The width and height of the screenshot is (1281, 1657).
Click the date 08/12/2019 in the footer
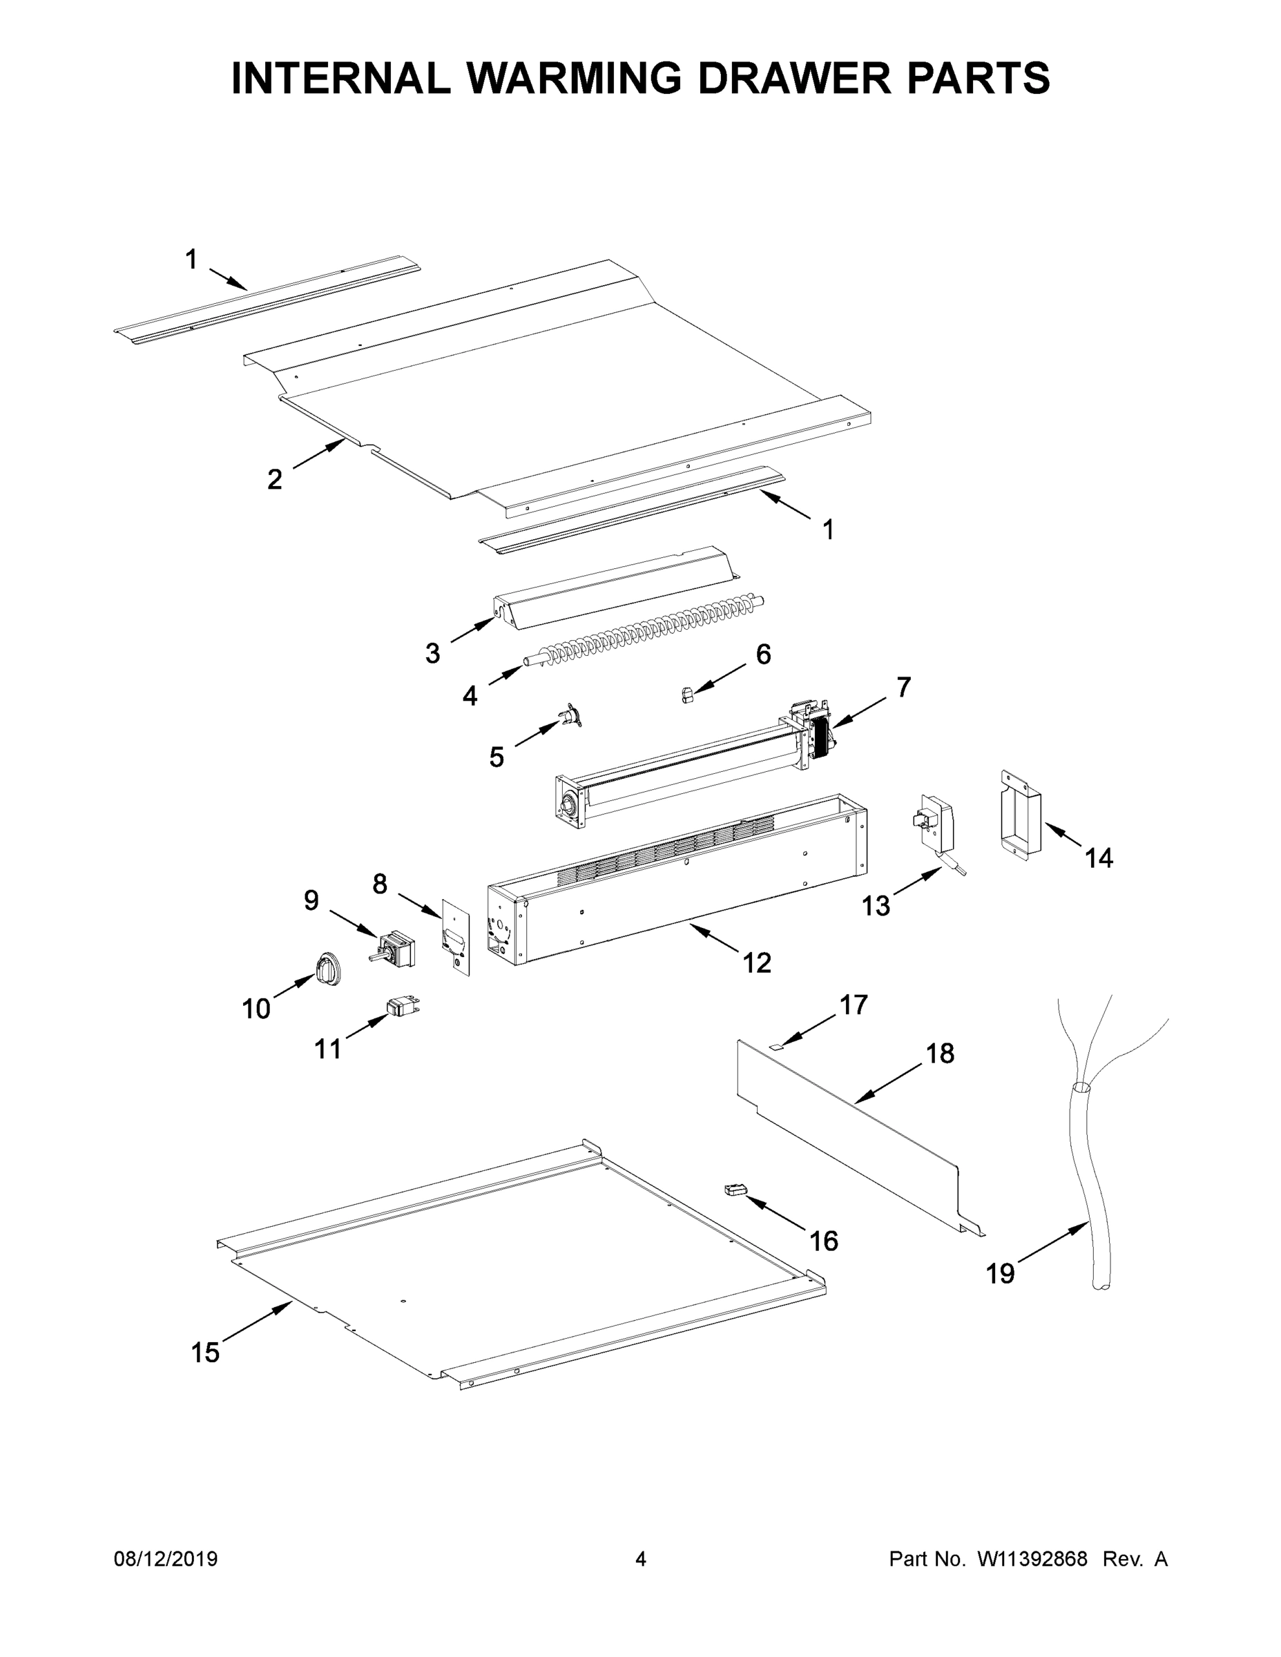coord(166,1560)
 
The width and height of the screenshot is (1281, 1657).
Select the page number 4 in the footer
coord(641,1560)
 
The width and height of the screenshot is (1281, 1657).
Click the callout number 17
coord(853,1005)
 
